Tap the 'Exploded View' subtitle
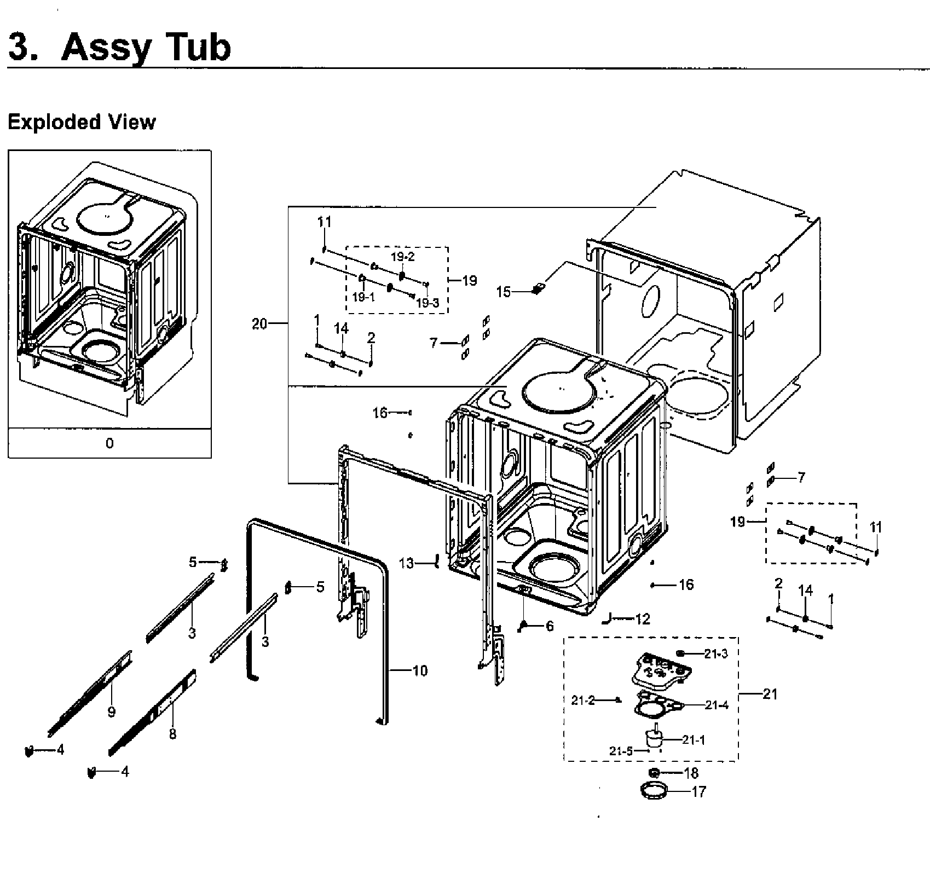(x=82, y=122)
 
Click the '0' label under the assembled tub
(x=109, y=443)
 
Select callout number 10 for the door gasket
(x=420, y=671)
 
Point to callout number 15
(x=503, y=292)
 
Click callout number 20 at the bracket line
(x=259, y=324)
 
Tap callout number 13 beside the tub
(x=406, y=563)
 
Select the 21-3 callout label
(x=715, y=654)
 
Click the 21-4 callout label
(x=717, y=705)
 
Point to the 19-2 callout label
(x=402, y=257)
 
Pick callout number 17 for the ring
(x=698, y=792)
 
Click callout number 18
(x=691, y=773)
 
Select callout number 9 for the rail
(x=111, y=712)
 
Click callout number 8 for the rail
(x=172, y=734)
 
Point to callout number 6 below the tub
(x=549, y=626)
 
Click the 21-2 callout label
(x=583, y=701)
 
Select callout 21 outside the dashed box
(x=770, y=695)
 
